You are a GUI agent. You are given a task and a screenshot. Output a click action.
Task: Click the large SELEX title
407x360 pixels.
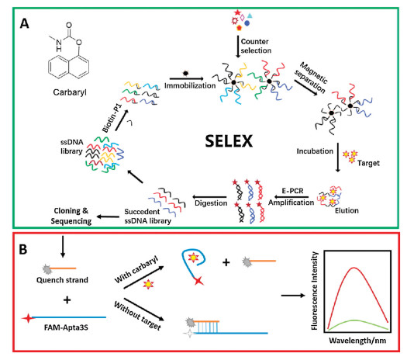[229, 141]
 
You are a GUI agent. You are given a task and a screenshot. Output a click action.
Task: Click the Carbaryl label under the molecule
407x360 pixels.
[70, 92]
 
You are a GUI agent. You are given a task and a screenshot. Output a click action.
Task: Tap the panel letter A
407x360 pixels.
[24, 24]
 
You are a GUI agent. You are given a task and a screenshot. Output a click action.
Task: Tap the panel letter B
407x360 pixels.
[23, 250]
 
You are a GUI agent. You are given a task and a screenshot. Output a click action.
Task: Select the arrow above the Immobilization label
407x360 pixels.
[187, 78]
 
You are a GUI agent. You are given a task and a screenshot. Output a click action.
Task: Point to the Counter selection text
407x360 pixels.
[256, 46]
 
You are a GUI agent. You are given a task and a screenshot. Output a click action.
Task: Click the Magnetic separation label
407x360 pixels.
[311, 77]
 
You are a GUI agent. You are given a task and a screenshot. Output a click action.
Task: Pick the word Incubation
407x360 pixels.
[315, 151]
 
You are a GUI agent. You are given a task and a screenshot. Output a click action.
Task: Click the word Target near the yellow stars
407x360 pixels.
[368, 163]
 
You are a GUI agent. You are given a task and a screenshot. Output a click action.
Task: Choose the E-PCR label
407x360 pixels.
[292, 191]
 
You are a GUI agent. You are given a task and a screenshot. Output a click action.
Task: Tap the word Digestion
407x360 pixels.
[211, 202]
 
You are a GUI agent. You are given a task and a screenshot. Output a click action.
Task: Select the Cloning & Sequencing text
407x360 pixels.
[71, 216]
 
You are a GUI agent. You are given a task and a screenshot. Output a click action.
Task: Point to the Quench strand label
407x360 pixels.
[62, 280]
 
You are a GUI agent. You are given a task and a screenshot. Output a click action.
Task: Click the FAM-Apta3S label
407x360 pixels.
[66, 327]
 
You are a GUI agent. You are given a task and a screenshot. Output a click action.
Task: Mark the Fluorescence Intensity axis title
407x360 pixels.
[314, 291]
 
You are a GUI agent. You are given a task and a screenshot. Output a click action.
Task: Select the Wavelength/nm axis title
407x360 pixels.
[357, 341]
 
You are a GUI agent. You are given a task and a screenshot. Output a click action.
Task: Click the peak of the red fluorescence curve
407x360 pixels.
[354, 267]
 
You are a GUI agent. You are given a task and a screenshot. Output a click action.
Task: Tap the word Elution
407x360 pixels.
[347, 210]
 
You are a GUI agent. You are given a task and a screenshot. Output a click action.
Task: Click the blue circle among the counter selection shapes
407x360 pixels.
[247, 23]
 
